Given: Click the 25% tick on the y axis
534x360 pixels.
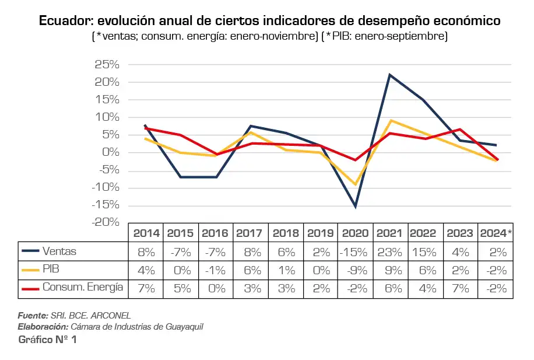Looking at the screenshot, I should coord(107,65).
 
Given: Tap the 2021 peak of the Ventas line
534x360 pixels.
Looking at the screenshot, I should coord(389,75).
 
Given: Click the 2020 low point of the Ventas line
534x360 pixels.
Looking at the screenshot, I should coord(355,207).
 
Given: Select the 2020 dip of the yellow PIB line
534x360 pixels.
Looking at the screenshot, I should coord(355,184).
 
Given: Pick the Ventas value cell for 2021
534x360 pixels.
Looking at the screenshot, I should coord(389,252).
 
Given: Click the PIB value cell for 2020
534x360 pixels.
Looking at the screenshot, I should coord(355,270).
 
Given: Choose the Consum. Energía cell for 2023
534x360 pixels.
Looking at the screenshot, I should coord(460,288).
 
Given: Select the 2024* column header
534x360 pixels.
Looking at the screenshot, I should coord(496,233).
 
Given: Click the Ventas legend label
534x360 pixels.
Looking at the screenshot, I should coord(59,251).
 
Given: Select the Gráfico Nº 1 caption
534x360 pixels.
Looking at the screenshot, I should coord(47,340).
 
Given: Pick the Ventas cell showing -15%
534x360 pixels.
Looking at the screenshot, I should coord(355,252).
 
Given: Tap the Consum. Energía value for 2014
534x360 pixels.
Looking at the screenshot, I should coord(146,288).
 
